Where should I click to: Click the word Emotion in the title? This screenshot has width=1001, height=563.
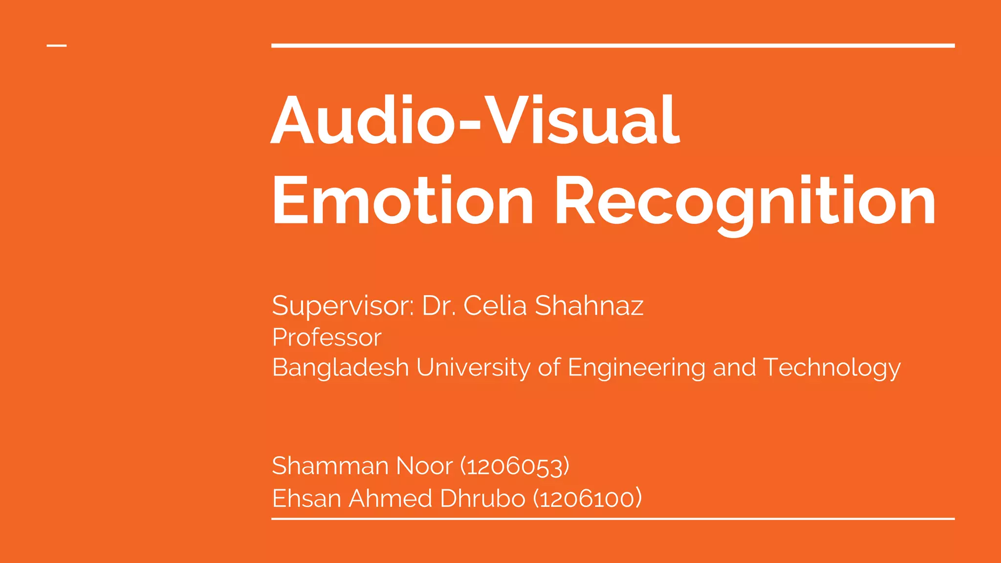[403, 201]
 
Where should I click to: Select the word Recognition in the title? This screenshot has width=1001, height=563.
[745, 201]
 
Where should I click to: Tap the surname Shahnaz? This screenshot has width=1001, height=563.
[589, 306]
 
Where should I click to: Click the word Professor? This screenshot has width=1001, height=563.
[326, 337]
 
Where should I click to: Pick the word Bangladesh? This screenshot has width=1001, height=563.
[340, 368]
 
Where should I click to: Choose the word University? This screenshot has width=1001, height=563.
[473, 368]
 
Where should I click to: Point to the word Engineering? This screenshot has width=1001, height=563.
[636, 368]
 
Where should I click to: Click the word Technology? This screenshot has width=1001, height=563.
[832, 368]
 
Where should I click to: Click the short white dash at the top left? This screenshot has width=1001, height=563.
[57, 46]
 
